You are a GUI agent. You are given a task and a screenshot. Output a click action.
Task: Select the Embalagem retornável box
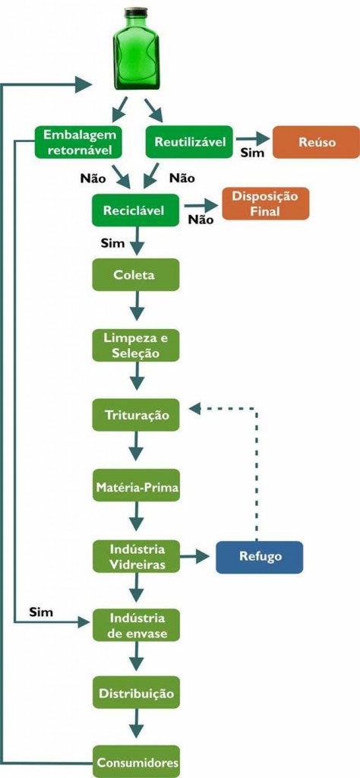click(78, 142)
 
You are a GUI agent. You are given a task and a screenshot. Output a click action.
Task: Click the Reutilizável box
click(189, 142)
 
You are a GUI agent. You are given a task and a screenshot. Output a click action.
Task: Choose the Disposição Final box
click(265, 204)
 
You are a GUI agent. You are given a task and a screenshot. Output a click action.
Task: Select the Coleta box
click(136, 274)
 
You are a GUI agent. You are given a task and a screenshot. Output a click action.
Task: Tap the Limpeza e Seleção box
click(136, 344)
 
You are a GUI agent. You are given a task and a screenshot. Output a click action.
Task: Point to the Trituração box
click(136, 415)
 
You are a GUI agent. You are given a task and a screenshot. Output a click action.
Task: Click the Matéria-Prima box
click(137, 485)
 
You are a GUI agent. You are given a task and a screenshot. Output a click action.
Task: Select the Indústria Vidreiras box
click(136, 556)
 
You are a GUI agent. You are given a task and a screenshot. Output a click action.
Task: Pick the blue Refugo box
click(259, 556)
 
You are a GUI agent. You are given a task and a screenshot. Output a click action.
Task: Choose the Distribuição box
click(137, 693)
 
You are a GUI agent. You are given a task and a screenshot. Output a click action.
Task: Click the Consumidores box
click(137, 761)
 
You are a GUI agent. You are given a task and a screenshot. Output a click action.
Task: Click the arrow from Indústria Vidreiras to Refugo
click(196, 557)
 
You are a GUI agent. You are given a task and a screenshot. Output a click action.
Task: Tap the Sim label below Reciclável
click(112, 243)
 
